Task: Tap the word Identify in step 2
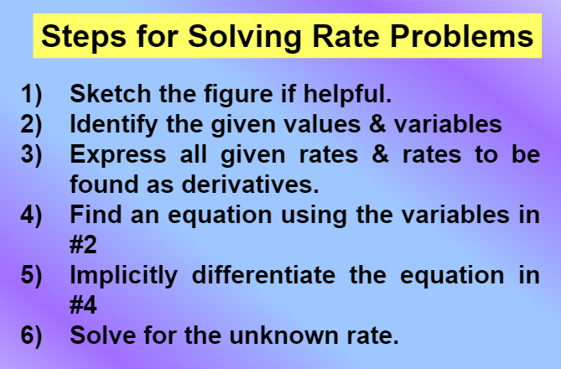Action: coord(109,125)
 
